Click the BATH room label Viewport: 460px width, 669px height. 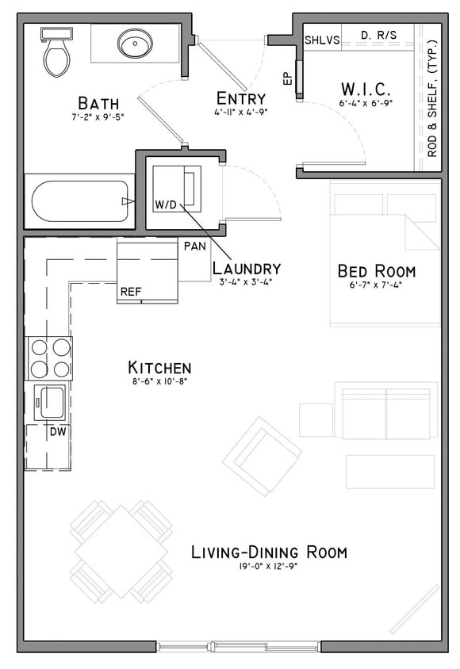coord(98,103)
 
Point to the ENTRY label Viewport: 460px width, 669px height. coord(240,97)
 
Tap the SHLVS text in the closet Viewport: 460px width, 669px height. coord(321,40)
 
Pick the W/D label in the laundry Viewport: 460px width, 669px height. coord(167,205)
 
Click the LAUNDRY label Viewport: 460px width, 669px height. coord(247,268)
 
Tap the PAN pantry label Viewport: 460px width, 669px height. coord(195,247)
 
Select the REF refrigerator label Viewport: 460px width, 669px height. coord(130,292)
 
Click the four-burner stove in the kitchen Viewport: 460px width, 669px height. coord(50,358)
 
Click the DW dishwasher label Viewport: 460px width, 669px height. coord(58,432)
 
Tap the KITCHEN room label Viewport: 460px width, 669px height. coord(159,368)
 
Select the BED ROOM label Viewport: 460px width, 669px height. coord(376,271)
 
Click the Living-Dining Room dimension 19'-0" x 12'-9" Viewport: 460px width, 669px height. coord(269,567)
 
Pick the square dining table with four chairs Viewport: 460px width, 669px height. coord(121,550)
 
